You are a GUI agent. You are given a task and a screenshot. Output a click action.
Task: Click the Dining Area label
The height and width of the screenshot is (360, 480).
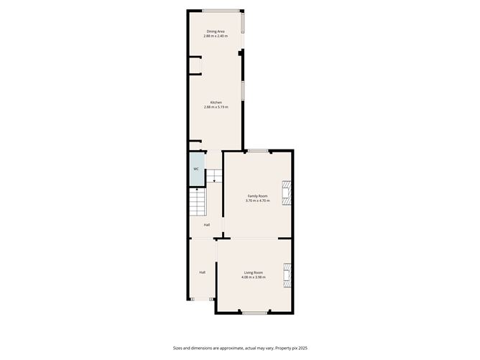(x=216, y=32)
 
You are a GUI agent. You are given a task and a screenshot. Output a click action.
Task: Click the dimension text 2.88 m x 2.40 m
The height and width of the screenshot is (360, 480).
(x=216, y=37)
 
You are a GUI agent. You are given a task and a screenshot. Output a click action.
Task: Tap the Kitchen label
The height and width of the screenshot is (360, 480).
(x=216, y=102)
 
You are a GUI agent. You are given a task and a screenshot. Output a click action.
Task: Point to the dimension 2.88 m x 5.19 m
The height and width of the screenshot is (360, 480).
(x=216, y=108)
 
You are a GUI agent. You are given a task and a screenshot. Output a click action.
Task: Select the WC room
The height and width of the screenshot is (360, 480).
(x=195, y=170)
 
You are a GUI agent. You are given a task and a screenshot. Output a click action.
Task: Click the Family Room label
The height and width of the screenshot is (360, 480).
(x=257, y=196)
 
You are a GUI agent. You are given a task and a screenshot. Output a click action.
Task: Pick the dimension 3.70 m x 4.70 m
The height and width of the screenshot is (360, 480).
(x=257, y=201)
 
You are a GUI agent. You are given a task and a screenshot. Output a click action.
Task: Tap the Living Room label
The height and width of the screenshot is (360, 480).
(x=253, y=272)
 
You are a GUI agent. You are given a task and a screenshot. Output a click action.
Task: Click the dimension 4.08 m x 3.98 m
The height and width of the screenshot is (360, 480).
(x=253, y=277)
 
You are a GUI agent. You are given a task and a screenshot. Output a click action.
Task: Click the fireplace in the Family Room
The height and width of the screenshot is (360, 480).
(x=287, y=193)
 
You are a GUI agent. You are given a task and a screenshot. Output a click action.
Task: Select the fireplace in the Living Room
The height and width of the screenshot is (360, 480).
(x=287, y=274)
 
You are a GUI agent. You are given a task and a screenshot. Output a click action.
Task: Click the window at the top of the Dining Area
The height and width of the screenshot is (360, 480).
(x=221, y=10)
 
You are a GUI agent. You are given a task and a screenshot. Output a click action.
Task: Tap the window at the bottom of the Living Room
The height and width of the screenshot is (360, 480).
(x=254, y=313)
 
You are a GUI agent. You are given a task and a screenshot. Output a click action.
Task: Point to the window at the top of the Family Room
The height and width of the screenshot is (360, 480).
(x=258, y=150)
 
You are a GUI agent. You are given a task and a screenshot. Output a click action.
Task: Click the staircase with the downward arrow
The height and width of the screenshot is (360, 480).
(x=214, y=175)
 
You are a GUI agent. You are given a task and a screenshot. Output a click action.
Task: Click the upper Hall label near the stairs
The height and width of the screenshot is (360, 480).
(x=207, y=225)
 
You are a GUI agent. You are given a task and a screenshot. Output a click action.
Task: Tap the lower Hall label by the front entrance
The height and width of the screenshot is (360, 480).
(x=203, y=272)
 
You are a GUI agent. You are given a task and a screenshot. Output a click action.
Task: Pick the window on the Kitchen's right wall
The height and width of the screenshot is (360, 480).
(x=243, y=91)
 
